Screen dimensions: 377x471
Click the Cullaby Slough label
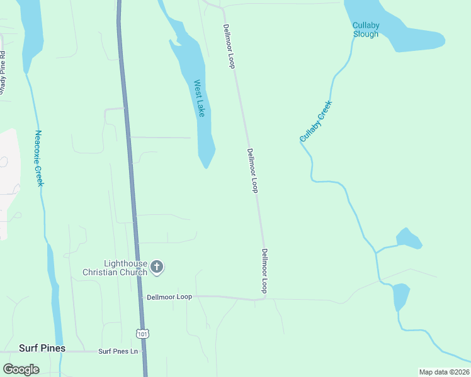click(365, 30)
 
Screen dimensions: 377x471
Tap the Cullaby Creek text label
click(315, 121)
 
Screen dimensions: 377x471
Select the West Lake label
click(200, 98)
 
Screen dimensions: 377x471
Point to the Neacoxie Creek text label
click(39, 158)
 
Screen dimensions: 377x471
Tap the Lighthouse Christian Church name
click(115, 268)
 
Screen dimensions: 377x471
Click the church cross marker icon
click(157, 268)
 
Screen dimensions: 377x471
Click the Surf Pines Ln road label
click(118, 351)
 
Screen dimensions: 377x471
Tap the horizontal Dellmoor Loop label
click(169, 297)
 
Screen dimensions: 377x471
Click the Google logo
click(21, 369)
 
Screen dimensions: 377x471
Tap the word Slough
click(365, 34)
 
